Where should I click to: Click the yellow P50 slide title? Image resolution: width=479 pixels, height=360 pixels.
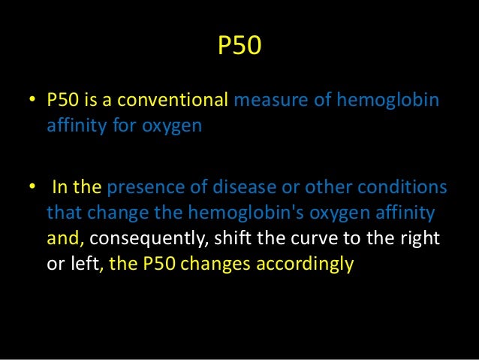click(x=239, y=49)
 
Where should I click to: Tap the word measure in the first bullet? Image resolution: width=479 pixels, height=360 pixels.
click(x=263, y=101)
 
